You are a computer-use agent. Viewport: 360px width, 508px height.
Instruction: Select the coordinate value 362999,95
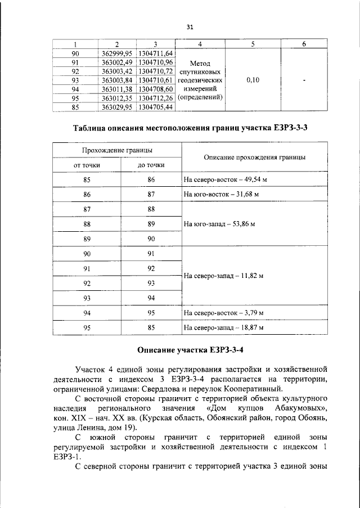click(117, 53)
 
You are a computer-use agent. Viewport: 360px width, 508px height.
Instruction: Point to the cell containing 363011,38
click(117, 89)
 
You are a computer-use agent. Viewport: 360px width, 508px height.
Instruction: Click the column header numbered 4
click(201, 44)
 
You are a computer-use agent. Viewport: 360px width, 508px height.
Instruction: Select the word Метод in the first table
click(201, 64)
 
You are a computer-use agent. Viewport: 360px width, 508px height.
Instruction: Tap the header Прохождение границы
click(117, 150)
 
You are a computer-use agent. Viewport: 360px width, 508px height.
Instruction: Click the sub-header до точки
click(151, 165)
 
